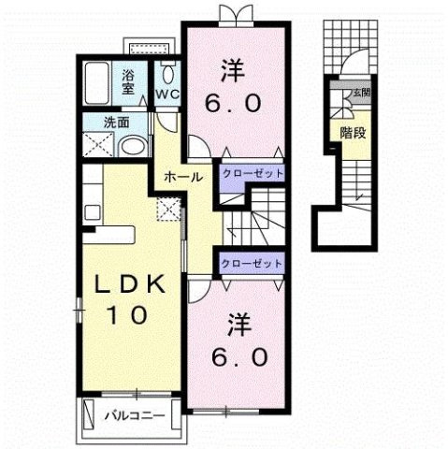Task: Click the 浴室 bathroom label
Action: coord(128,82)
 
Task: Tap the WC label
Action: coord(167,94)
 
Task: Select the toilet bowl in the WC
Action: coord(168,75)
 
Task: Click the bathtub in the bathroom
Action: coord(97,83)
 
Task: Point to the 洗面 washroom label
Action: coord(117,123)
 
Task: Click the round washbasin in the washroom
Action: coord(133,146)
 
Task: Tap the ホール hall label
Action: coord(183,178)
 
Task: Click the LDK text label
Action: coord(130,283)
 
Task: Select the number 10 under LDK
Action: coord(127,314)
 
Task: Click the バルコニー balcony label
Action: coord(135,415)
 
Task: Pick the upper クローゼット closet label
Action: coord(253,173)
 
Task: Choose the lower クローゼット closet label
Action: coord(252,264)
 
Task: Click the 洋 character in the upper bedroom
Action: coord(233,71)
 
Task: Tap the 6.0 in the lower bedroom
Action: coord(239,356)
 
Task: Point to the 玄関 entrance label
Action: coord(361,93)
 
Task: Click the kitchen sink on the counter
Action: coord(93,212)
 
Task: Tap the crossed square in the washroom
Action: coord(98,144)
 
